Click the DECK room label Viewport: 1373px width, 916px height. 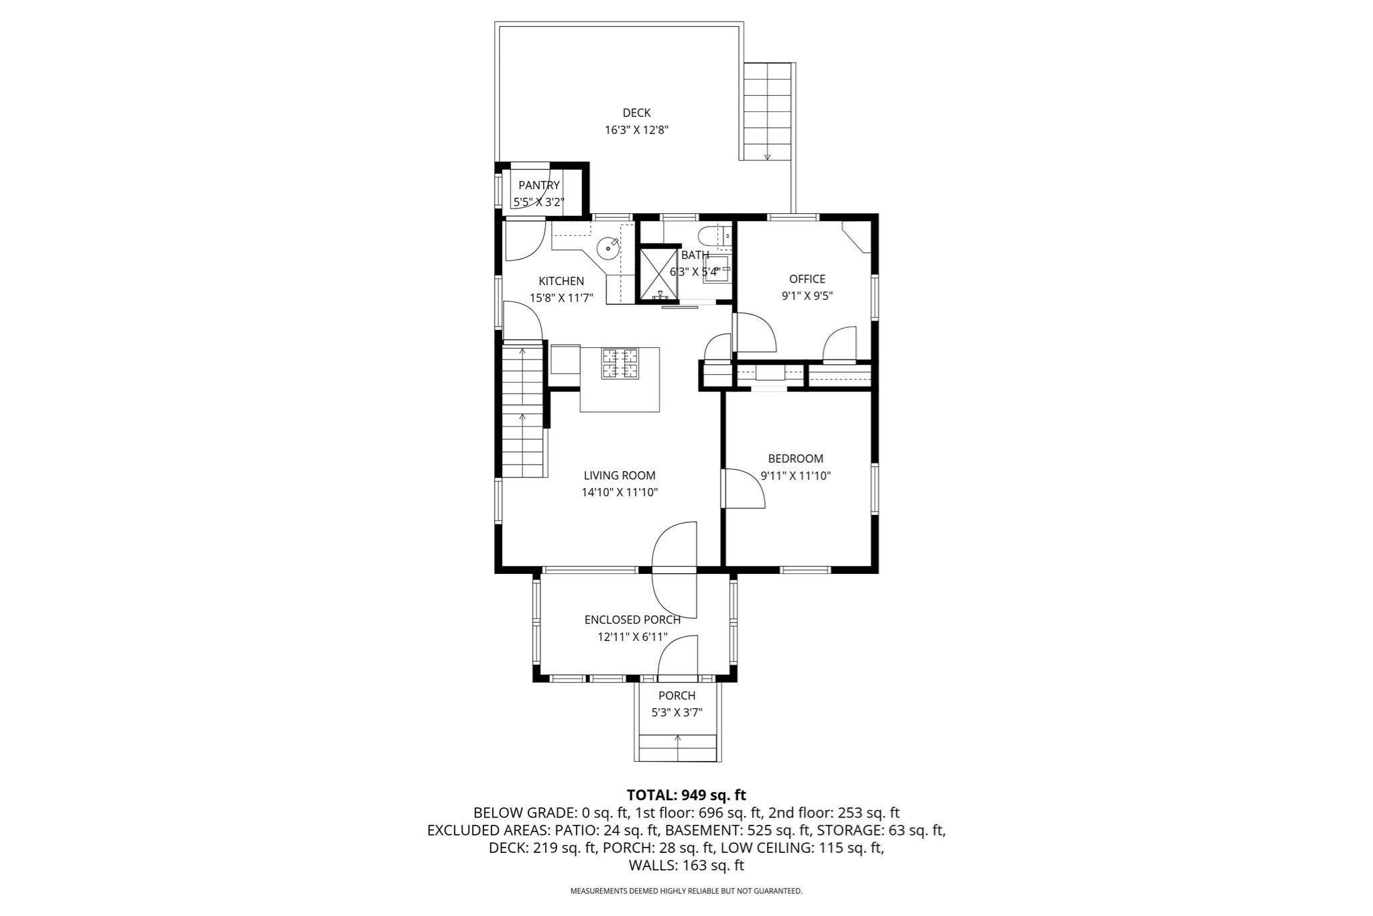point(636,113)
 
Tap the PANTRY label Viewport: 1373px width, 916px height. point(539,185)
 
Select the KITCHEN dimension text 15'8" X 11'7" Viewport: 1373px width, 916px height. point(562,298)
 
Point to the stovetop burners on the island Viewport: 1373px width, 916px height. point(620,363)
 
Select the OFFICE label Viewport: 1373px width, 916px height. point(807,279)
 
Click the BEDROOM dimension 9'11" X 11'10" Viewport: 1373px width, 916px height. point(796,476)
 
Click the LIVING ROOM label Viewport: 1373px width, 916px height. point(619,475)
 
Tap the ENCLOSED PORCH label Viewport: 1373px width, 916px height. point(632,620)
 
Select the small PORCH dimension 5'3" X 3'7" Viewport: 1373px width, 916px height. point(677,712)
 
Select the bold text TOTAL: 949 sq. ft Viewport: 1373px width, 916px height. point(686,795)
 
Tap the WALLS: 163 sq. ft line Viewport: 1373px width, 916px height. point(686,865)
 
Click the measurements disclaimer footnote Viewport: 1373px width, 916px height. point(686,891)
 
